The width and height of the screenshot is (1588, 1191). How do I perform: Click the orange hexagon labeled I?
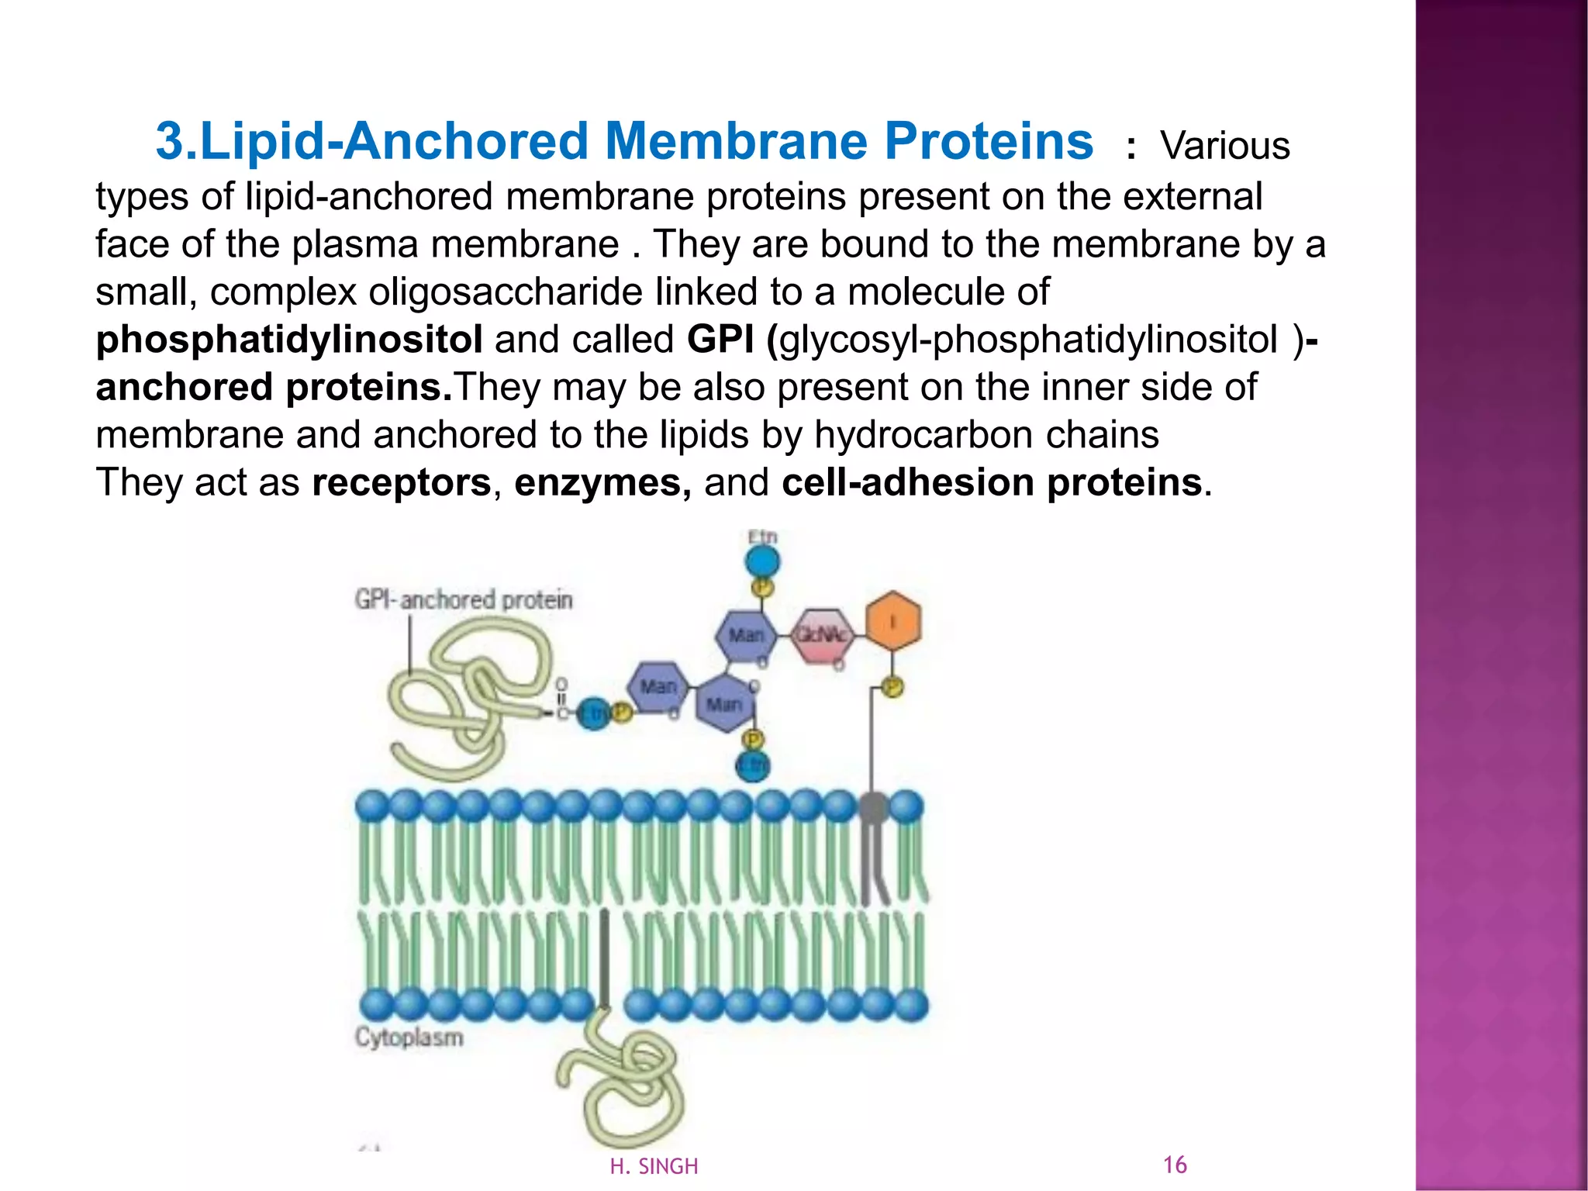click(892, 621)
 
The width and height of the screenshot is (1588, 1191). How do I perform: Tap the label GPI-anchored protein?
click(464, 599)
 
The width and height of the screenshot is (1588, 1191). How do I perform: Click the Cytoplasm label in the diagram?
click(409, 1037)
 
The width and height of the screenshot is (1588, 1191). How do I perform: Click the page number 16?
click(1175, 1165)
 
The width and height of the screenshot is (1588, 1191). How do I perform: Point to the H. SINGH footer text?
click(654, 1166)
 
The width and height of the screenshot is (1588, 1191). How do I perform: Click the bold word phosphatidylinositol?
click(289, 340)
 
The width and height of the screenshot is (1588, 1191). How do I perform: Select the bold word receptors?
click(402, 482)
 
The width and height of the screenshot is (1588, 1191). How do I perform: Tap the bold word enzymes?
click(602, 482)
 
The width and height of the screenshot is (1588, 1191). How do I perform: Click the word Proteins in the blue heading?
click(989, 142)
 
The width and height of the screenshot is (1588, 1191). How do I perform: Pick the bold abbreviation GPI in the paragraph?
click(720, 340)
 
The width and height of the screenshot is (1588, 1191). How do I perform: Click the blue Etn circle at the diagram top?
click(763, 561)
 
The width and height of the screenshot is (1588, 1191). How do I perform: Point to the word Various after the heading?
click(1225, 146)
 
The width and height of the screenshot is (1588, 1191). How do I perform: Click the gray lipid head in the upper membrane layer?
click(874, 807)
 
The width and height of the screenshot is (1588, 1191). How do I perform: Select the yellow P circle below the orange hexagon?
click(892, 687)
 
